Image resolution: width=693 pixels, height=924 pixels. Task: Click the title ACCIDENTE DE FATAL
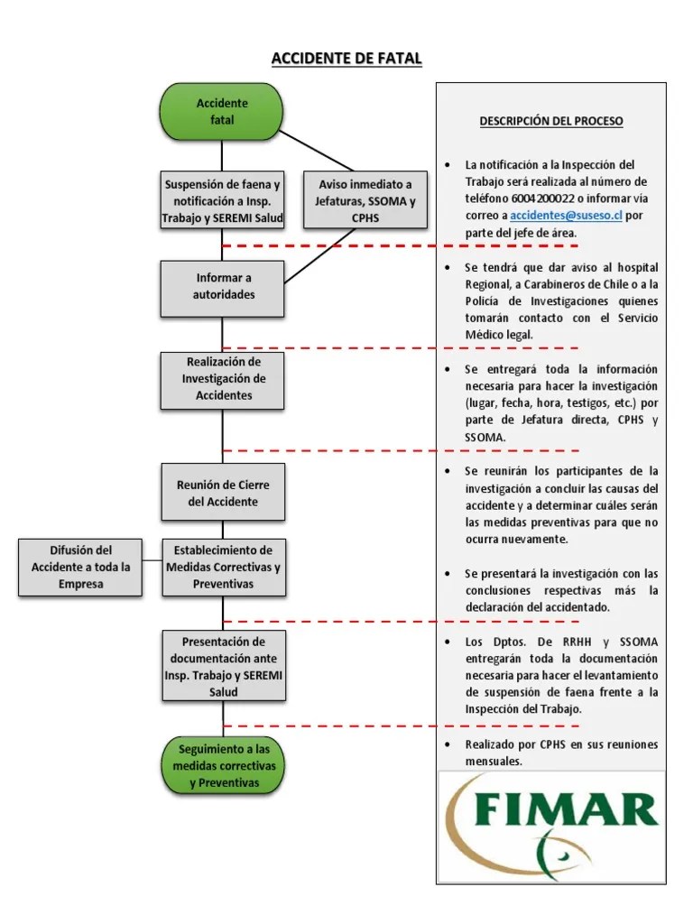click(x=346, y=59)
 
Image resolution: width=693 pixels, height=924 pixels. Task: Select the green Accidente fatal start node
click(x=222, y=111)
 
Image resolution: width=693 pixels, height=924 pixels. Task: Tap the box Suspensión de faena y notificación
click(x=222, y=201)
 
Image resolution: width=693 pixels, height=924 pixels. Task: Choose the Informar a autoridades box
click(x=222, y=286)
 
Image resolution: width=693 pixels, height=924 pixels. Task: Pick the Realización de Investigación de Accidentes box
click(x=222, y=379)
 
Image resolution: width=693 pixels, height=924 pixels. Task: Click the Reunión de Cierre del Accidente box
click(x=222, y=493)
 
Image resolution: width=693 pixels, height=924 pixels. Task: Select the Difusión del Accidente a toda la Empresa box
click(x=80, y=567)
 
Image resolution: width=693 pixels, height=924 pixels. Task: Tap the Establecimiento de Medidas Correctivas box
click(x=222, y=567)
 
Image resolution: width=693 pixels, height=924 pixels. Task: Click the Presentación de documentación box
click(x=222, y=666)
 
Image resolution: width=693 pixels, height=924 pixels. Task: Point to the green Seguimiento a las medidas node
click(x=222, y=765)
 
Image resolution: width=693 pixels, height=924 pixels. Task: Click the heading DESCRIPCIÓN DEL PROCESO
click(x=550, y=121)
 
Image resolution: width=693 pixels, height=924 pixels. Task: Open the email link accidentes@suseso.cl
click(x=566, y=216)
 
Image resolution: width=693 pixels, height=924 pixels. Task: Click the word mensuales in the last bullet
click(x=495, y=761)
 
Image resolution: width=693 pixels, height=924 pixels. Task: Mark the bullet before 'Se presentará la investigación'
click(x=448, y=574)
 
